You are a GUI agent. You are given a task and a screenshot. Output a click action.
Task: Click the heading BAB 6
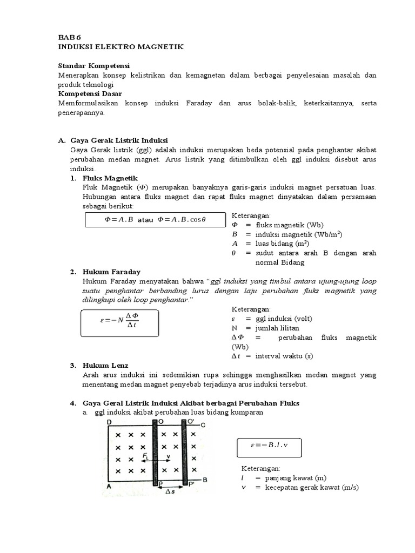coord(70,37)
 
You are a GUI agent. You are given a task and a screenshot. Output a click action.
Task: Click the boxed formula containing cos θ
coord(155,220)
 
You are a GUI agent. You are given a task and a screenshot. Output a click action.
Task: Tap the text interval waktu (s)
coord(284,356)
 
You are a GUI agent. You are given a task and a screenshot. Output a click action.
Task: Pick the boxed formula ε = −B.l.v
coord(269,447)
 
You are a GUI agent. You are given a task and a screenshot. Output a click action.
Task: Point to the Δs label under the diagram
coord(169,491)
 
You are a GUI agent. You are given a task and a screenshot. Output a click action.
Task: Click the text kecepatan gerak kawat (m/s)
coord(308,487)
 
